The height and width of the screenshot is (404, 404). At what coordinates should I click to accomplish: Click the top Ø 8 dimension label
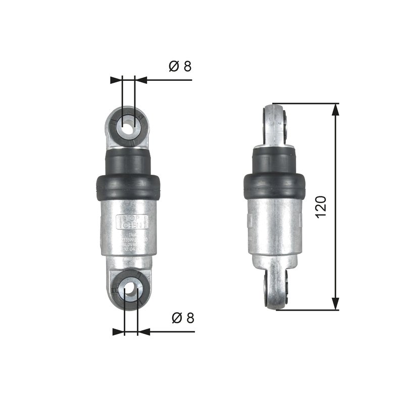[180, 66]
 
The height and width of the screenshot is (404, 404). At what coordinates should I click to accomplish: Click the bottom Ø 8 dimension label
[182, 318]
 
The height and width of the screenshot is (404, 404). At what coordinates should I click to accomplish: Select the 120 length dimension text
[322, 206]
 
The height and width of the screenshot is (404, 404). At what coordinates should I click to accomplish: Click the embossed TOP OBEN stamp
[132, 221]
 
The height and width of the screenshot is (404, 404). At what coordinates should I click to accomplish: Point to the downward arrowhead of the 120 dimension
[335, 304]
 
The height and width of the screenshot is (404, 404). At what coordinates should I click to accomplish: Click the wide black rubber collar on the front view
[128, 187]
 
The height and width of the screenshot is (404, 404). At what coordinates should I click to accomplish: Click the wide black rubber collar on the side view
[274, 186]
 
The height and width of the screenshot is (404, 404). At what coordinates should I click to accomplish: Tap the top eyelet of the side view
[276, 124]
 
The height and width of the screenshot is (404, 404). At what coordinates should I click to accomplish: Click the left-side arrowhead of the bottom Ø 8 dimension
[118, 332]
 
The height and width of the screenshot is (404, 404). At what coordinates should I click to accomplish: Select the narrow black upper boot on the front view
[128, 161]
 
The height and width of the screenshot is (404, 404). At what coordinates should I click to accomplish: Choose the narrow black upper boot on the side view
[274, 161]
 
